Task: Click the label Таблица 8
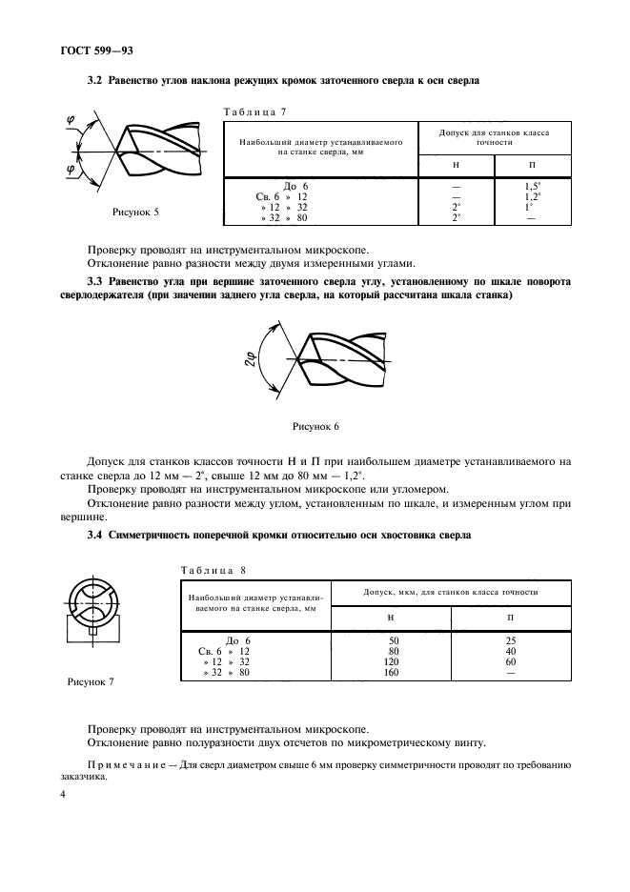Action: coord(214,570)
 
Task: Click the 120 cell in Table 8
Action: coord(391,661)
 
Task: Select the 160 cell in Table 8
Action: coord(391,672)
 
